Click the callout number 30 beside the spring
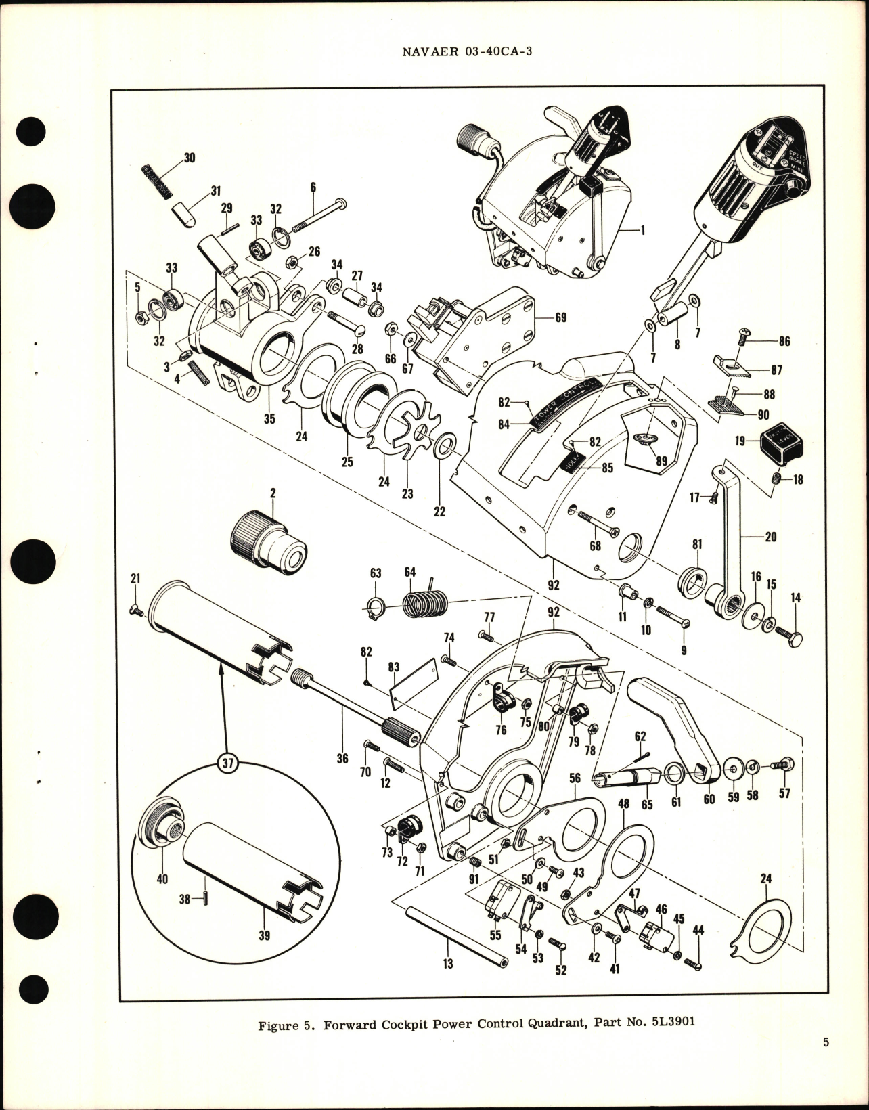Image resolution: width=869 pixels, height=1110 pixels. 190,157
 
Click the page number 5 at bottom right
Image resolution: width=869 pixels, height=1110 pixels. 826,1061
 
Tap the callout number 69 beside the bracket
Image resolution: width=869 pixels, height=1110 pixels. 560,317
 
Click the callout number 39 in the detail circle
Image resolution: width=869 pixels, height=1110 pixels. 264,935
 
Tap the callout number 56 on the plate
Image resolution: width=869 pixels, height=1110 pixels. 575,778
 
